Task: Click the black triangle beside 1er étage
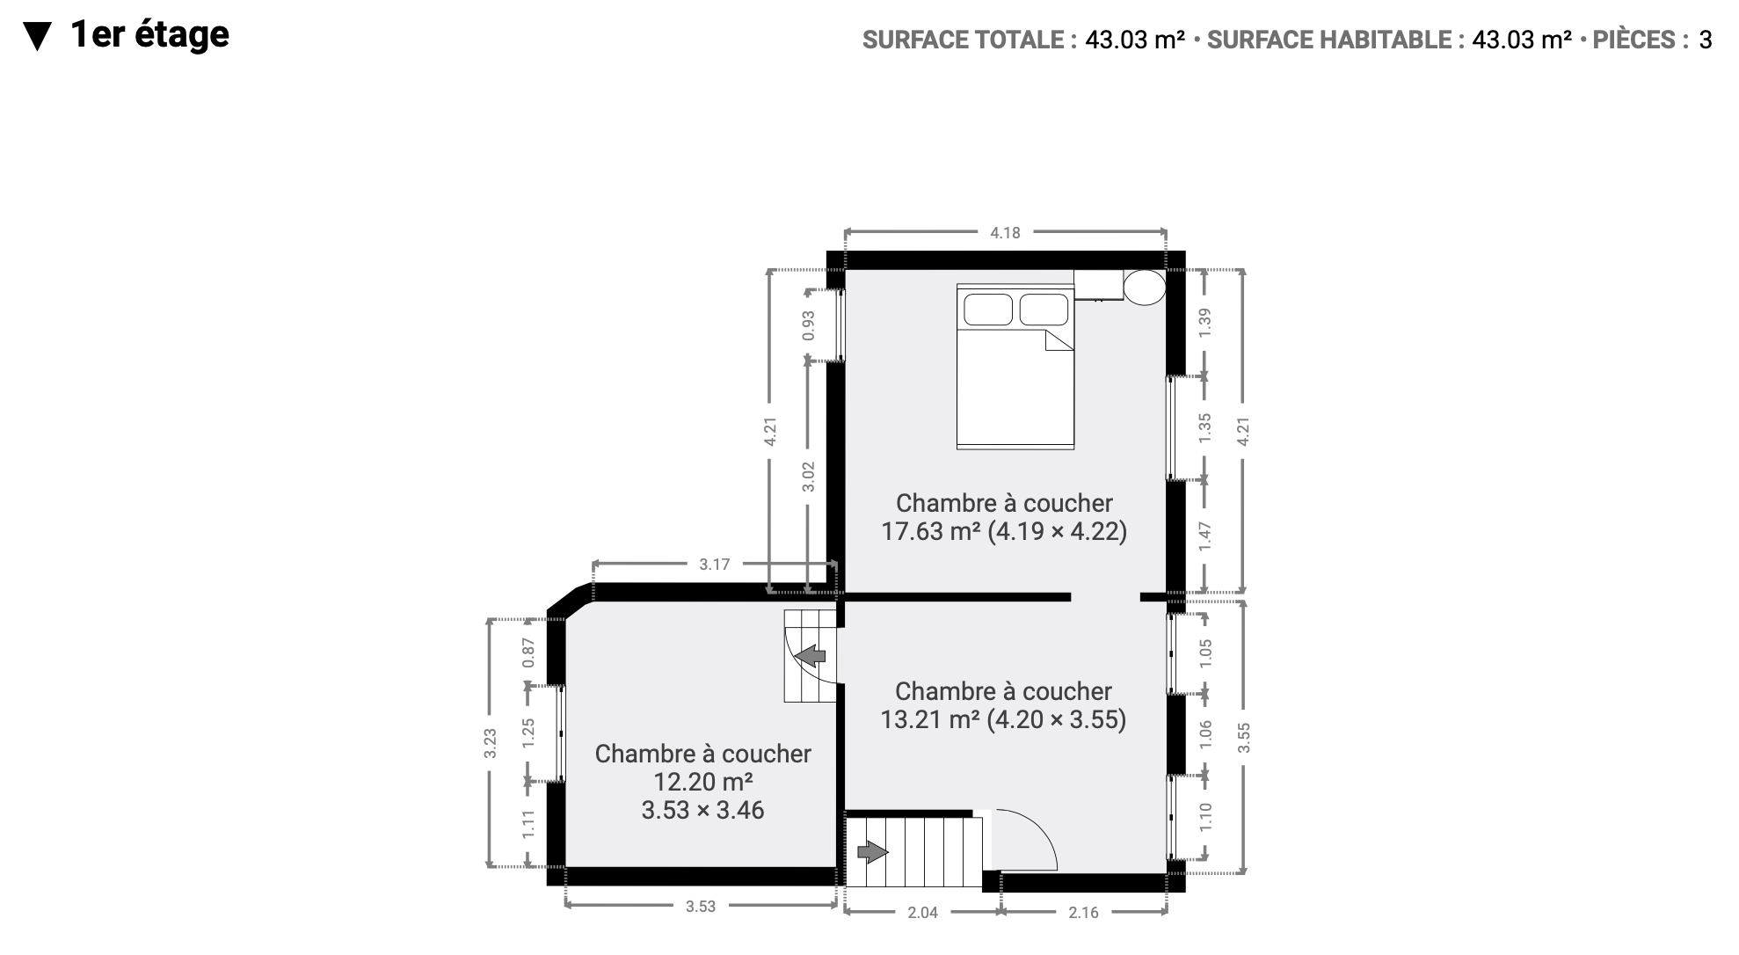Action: coord(36,37)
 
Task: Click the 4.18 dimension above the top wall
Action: coord(1005,233)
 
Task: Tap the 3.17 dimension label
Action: coord(714,565)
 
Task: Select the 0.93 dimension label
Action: coord(809,325)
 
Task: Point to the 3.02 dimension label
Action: coord(809,477)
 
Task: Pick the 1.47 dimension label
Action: coord(1205,536)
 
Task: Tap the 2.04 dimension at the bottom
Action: coord(922,913)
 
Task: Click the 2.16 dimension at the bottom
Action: coord(1083,913)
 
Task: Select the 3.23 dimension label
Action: coord(491,743)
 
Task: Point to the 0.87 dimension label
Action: coord(528,652)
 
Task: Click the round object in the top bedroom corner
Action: coord(1145,287)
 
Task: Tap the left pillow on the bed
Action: coord(989,310)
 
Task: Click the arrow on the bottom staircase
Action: coord(872,852)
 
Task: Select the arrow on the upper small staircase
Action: coord(811,655)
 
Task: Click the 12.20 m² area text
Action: coord(702,782)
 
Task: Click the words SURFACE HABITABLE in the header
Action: coord(1329,40)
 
